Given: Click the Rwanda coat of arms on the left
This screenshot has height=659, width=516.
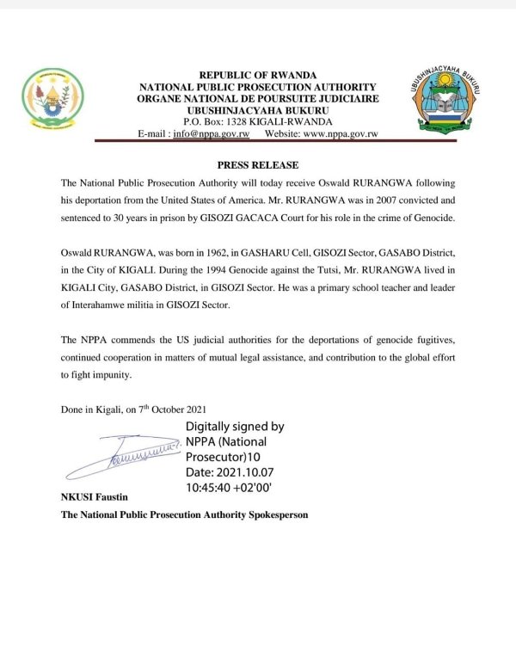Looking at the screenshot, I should coord(53,96).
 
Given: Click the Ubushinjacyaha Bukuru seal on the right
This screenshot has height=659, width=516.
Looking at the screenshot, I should coord(442,101).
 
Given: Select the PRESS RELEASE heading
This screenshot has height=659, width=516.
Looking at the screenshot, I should coord(257,164).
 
